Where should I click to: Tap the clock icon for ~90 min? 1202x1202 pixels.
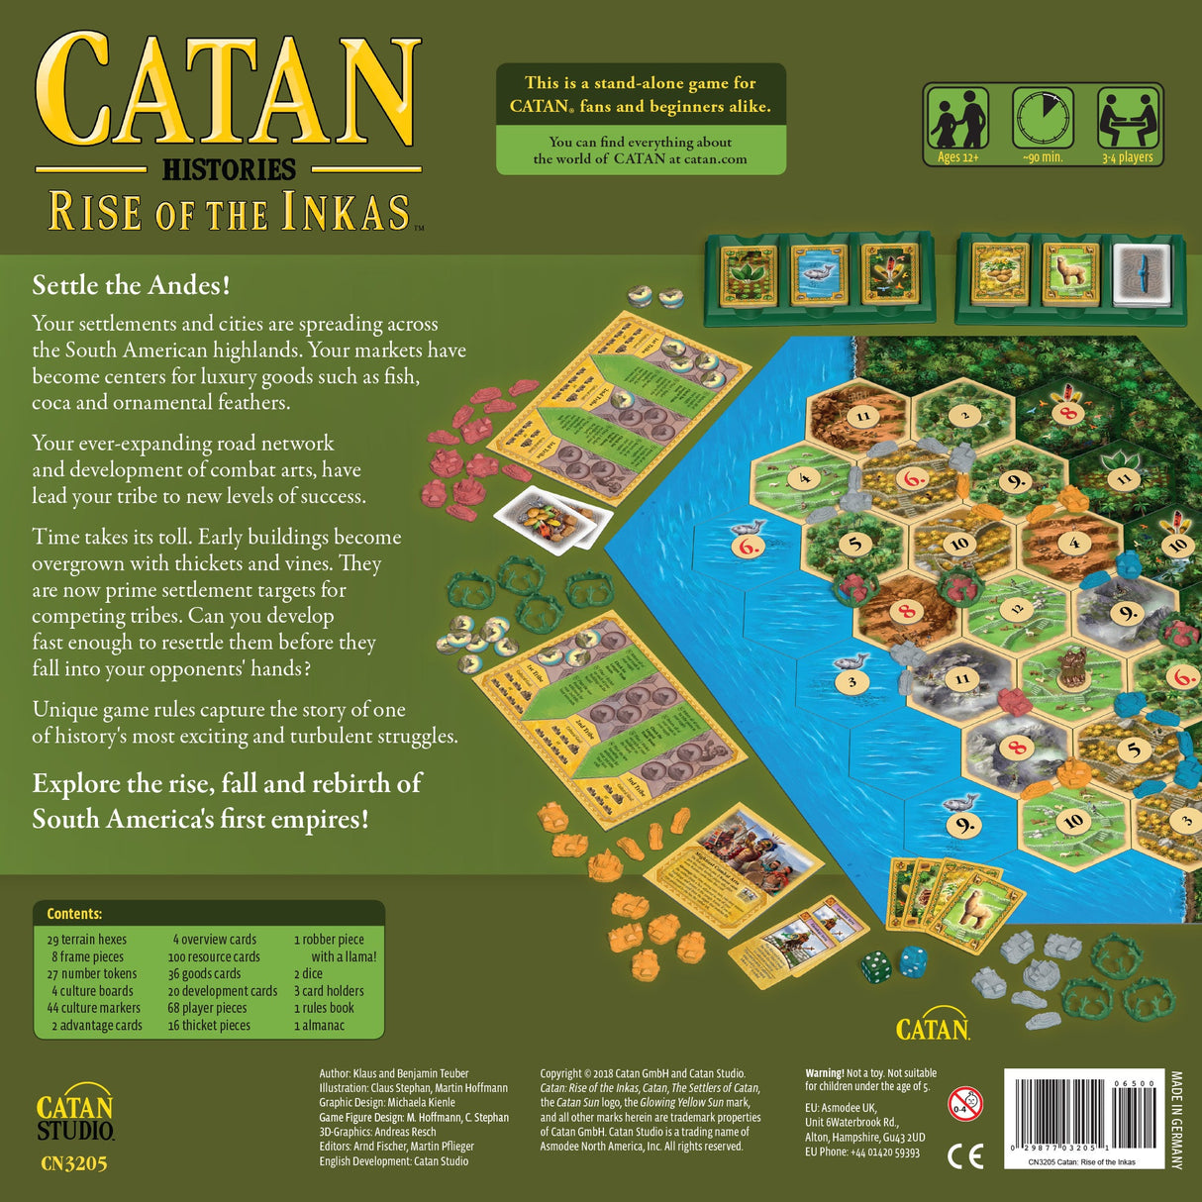point(1043,119)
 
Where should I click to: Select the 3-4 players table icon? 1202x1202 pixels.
point(1128,119)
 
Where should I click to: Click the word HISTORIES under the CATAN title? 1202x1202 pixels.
point(229,170)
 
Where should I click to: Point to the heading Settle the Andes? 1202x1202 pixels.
point(131,285)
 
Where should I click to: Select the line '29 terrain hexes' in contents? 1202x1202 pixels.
point(87,940)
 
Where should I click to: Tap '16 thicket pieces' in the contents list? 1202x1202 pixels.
point(209,1026)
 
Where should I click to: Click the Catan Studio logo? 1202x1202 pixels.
point(75,1116)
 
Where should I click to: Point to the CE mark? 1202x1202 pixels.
point(965,1155)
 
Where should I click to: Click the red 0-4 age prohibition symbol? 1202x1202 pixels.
point(964,1103)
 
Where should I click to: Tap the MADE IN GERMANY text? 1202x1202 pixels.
point(1176,1120)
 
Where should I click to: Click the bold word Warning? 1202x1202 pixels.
point(824,1073)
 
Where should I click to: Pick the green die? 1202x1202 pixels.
point(875,967)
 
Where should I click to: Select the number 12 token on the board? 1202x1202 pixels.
point(1017,610)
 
